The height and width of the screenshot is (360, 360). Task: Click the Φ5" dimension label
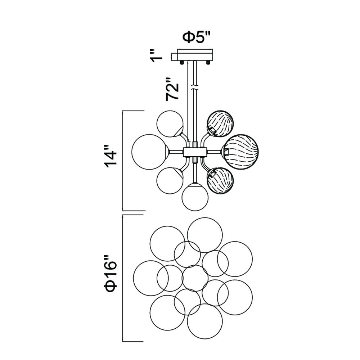click(x=196, y=37)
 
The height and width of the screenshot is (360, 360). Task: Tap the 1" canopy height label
click(x=156, y=55)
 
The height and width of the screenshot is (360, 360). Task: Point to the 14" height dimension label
click(x=111, y=158)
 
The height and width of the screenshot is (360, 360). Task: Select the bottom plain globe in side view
click(x=195, y=197)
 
